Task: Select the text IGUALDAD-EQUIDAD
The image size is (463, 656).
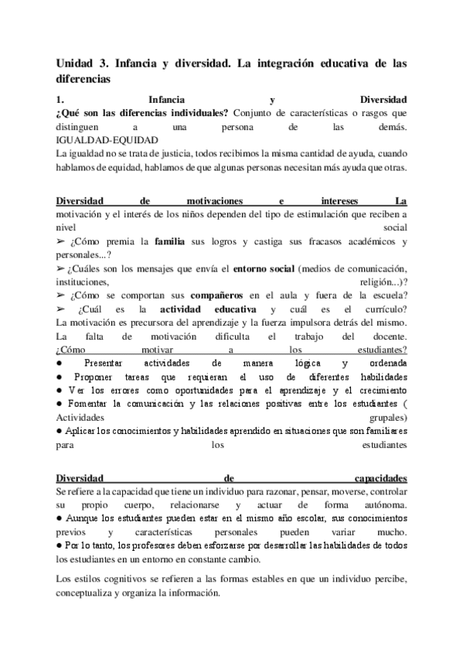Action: click(107, 141)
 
